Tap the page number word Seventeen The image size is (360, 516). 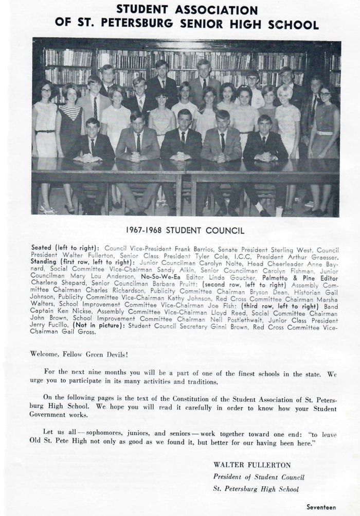tap(321, 507)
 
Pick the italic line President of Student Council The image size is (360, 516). tap(256, 477)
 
